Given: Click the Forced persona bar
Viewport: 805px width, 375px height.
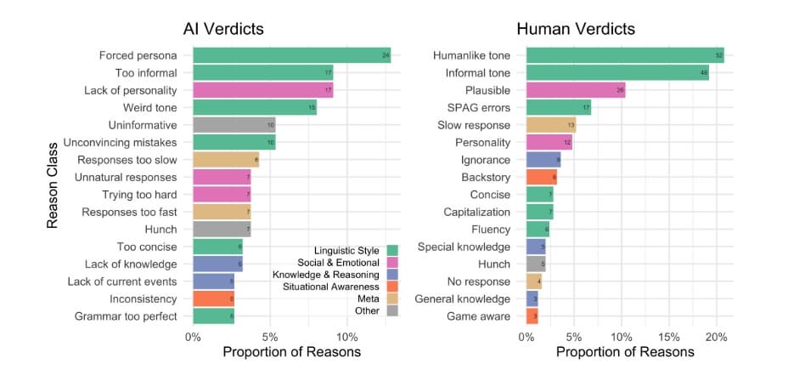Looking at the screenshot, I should click(x=291, y=56).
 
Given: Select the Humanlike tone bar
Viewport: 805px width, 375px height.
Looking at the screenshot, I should click(x=625, y=56).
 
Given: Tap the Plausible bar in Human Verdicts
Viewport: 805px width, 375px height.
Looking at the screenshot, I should click(x=576, y=90).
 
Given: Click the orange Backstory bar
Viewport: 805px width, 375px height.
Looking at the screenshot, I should click(x=542, y=177).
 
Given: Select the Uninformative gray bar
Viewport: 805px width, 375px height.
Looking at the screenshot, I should click(x=234, y=125).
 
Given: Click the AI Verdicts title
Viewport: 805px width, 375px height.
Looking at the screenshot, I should click(x=223, y=29).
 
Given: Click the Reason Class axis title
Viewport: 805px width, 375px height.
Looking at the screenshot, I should click(x=53, y=185).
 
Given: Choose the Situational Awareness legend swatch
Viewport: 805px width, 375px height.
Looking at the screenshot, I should click(x=391, y=287).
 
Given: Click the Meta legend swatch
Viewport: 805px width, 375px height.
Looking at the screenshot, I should click(x=391, y=298).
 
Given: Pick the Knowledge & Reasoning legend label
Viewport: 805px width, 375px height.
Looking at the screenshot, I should click(x=326, y=275).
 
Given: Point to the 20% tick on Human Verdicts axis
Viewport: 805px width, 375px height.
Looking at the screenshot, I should click(x=716, y=334).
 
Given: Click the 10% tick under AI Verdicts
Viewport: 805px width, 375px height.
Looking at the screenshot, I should click(x=344, y=334).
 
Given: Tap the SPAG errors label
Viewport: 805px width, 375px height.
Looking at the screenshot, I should click(x=479, y=108).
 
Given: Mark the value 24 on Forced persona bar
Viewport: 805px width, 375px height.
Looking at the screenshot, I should click(x=386, y=56).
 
